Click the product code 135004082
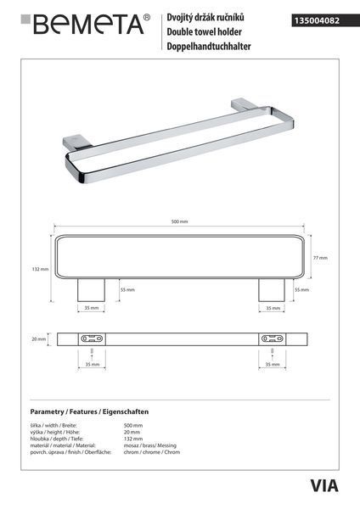pos(317,20)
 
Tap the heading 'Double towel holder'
pos(204,32)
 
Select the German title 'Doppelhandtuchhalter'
pos(209,46)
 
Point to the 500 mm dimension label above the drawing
pos(179,221)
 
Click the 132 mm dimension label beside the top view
pos(40,269)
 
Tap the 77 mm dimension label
pos(320,258)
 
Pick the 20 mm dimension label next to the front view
pos(39,338)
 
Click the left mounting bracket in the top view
pos(91,290)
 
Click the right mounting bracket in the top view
pos(272,290)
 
